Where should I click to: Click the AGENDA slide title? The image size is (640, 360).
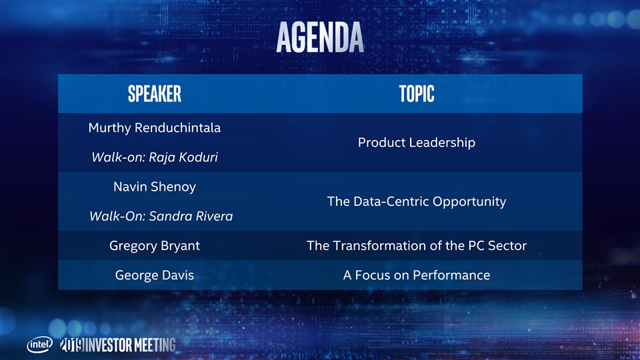pyautogui.click(x=320, y=37)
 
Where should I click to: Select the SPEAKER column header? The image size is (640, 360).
pyautogui.click(x=155, y=94)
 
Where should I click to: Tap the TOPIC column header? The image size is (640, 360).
pyautogui.click(x=417, y=94)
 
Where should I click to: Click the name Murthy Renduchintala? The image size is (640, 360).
pyautogui.click(x=155, y=128)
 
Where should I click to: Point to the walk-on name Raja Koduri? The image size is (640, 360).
pyautogui.click(x=183, y=157)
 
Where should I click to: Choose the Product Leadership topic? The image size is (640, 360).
pyautogui.click(x=417, y=143)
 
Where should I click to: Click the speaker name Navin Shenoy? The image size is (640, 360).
pyautogui.click(x=155, y=187)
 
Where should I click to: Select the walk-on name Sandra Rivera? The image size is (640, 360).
pyautogui.click(x=191, y=216)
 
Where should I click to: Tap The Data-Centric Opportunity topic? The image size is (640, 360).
pyautogui.click(x=417, y=201)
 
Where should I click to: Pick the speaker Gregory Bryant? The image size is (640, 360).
pyautogui.click(x=155, y=246)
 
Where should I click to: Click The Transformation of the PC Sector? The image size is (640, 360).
pyautogui.click(x=417, y=246)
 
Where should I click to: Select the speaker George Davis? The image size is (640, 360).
pyautogui.click(x=155, y=275)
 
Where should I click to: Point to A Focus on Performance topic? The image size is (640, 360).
pyautogui.click(x=417, y=275)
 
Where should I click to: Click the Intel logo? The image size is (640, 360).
pyautogui.click(x=39, y=345)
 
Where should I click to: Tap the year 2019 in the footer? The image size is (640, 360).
pyautogui.click(x=72, y=345)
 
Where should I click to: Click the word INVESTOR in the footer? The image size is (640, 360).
pyautogui.click(x=109, y=345)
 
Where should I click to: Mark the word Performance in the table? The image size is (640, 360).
pyautogui.click(x=451, y=275)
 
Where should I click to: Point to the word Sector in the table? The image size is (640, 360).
pyautogui.click(x=507, y=246)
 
